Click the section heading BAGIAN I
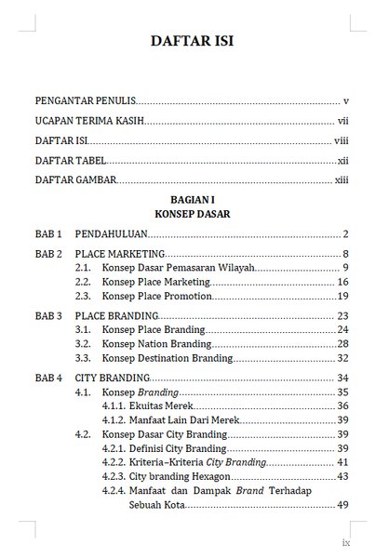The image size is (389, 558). (x=194, y=200)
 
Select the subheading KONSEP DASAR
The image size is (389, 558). (x=194, y=213)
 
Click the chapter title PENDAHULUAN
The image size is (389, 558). (x=110, y=233)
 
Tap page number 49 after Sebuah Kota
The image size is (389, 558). (x=342, y=505)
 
